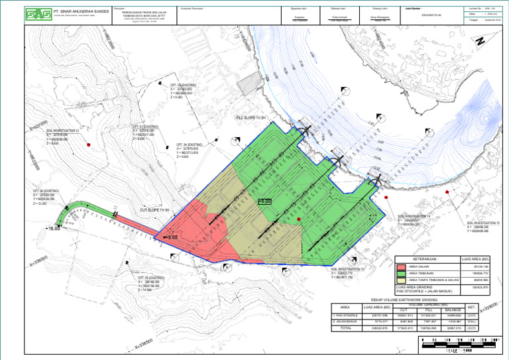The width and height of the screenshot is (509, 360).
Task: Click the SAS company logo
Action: [x=36, y=14]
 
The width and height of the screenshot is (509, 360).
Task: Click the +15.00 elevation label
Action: [x=53, y=229]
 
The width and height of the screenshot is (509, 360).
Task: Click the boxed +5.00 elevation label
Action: [x=264, y=200]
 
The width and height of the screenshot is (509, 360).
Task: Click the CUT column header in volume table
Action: [x=402, y=308]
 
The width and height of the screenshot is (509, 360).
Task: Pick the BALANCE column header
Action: [x=453, y=308]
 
